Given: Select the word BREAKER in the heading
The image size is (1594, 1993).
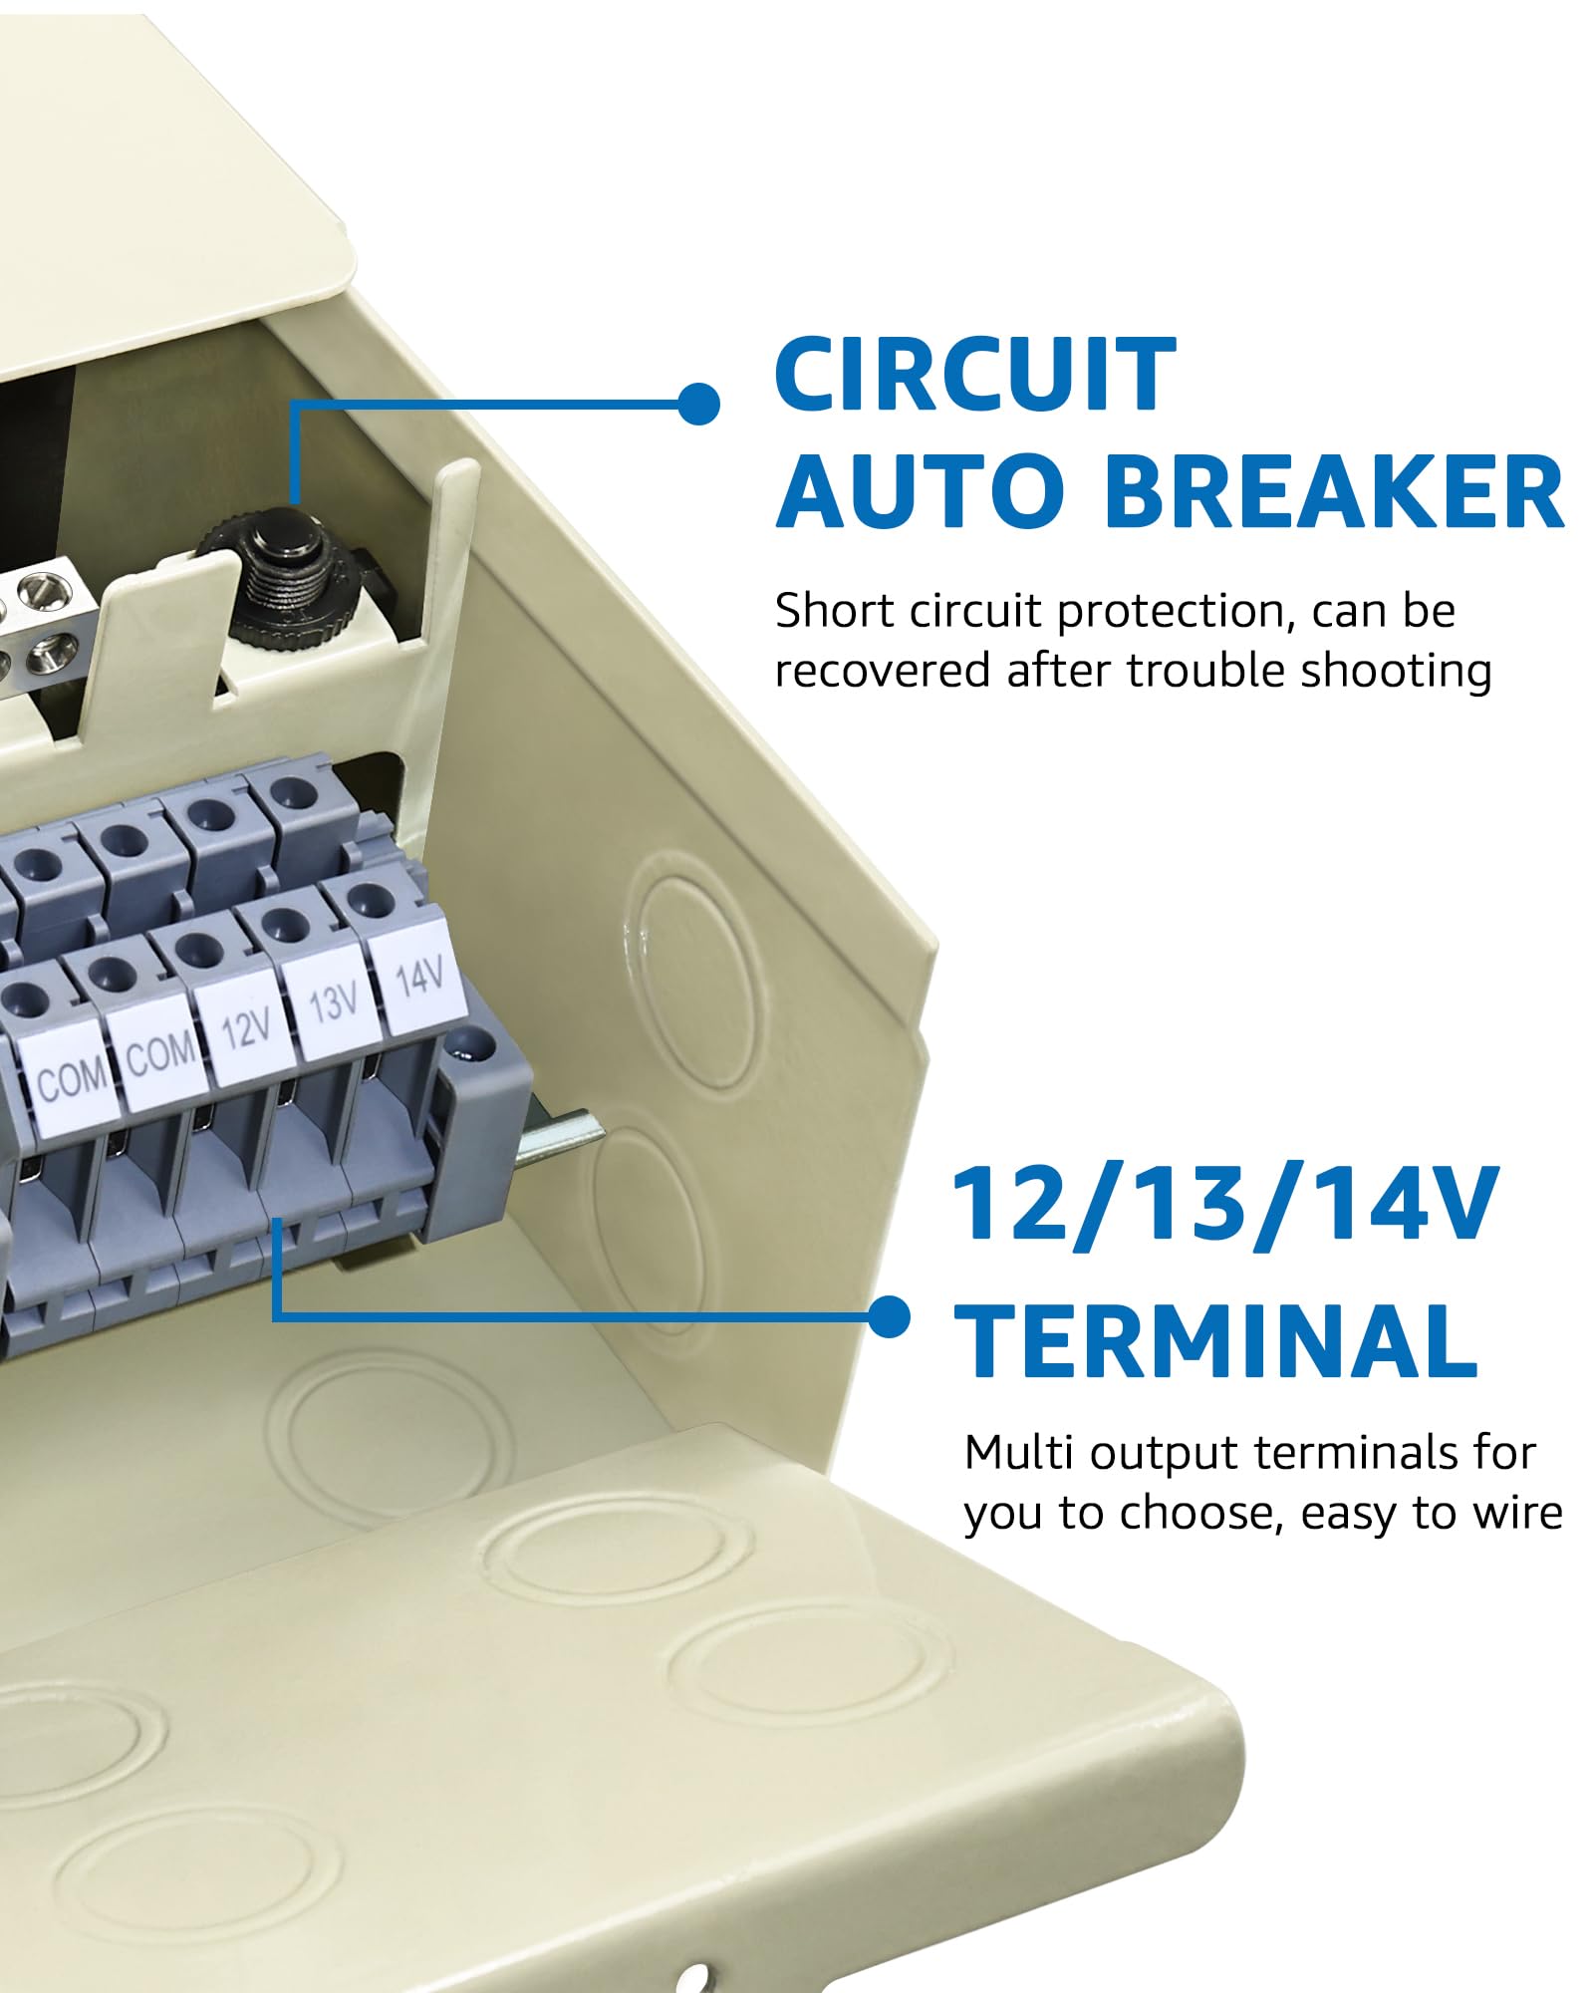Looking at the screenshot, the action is pos(1334,492).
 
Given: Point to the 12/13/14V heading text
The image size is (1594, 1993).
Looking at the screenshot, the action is pos(1225,1205).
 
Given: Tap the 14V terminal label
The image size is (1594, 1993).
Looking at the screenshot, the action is pos(417,977).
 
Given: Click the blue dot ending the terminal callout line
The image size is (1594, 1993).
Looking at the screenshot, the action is pos(889,1317).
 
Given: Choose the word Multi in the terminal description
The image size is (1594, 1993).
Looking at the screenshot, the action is pos(1019,1453).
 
